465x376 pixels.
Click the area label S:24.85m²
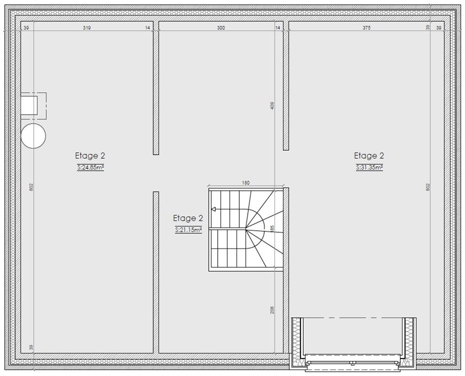coord(90,167)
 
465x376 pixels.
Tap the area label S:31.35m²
coord(370,167)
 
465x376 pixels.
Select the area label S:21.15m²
coord(189,230)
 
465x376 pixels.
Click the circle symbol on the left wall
coord(33,136)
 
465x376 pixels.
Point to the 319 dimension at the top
coord(87,28)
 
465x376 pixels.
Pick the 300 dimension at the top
coord(221,28)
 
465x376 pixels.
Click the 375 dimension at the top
coord(367,28)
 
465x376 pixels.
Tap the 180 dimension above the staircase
coord(246,183)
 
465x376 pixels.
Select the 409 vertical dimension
coord(273,106)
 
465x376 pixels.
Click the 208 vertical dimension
coord(273,310)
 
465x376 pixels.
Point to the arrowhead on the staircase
coord(213,209)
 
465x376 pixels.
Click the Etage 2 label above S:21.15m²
coord(188,219)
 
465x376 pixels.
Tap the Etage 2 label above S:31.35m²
coord(369,156)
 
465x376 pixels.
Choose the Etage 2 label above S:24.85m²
coord(90,156)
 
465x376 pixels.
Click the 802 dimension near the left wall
coord(32,187)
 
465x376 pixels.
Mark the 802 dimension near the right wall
coord(428,187)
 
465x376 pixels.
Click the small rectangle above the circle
coord(29,105)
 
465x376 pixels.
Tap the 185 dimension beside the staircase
coord(273,228)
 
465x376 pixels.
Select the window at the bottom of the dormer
coord(352,363)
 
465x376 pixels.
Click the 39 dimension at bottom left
coord(32,347)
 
